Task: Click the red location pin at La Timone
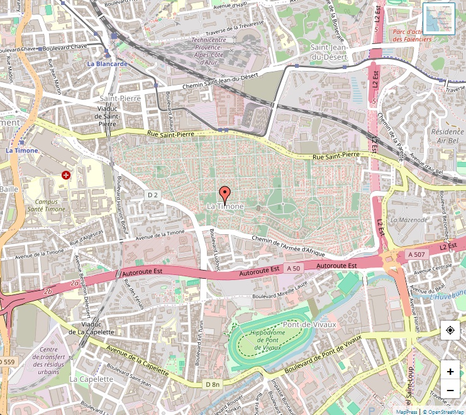click(225, 193)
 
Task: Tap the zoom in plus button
click(450, 371)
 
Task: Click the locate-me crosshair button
click(450, 330)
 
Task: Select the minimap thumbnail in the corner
click(439, 19)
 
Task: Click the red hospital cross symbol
click(66, 175)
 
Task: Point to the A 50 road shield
click(295, 268)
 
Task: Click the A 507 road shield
click(416, 254)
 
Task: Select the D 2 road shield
click(153, 195)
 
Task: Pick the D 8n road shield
click(213, 384)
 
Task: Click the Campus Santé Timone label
click(46, 205)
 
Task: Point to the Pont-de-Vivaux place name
click(309, 324)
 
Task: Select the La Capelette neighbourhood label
click(91, 379)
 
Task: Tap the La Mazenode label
click(409, 220)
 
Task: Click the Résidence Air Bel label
click(447, 136)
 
